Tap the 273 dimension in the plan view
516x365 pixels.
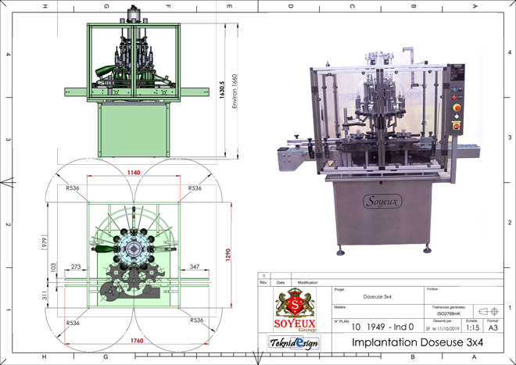76,268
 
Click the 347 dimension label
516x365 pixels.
195,268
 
